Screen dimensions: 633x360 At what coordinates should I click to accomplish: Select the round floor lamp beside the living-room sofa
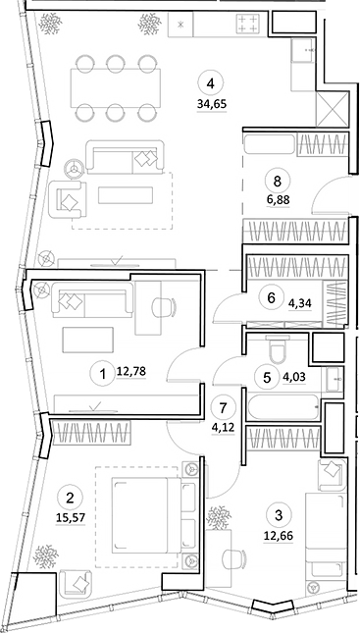click(72, 166)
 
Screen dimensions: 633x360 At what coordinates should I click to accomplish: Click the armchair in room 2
click(72, 583)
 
